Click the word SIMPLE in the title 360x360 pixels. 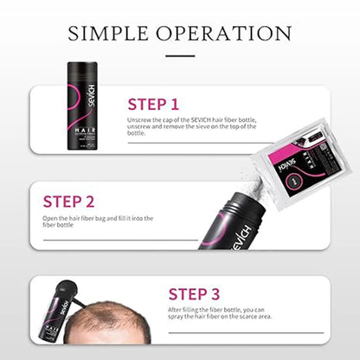click(x=111, y=34)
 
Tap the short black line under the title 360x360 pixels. click(x=179, y=55)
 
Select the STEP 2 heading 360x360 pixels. click(x=68, y=201)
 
